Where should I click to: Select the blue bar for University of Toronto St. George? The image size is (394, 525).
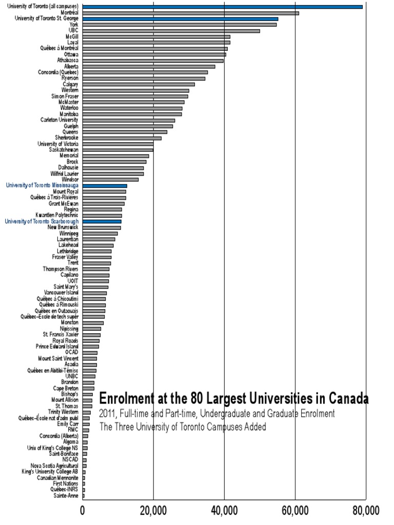(x=180, y=18)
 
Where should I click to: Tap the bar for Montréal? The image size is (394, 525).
(x=190, y=13)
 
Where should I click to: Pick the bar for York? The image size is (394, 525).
(x=179, y=25)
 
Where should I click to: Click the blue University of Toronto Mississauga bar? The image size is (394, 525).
(x=105, y=186)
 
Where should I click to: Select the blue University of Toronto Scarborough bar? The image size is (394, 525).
(x=102, y=221)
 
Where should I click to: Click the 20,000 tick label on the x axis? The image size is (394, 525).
(x=153, y=510)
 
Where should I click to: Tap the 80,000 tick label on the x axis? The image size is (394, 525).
(x=366, y=510)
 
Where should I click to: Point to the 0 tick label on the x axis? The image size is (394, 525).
(x=83, y=510)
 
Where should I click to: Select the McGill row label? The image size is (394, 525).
(x=72, y=36)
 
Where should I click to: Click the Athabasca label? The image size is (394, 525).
(x=68, y=60)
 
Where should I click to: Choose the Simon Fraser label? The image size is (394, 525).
(x=65, y=96)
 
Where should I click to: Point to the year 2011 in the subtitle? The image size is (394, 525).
(x=109, y=413)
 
